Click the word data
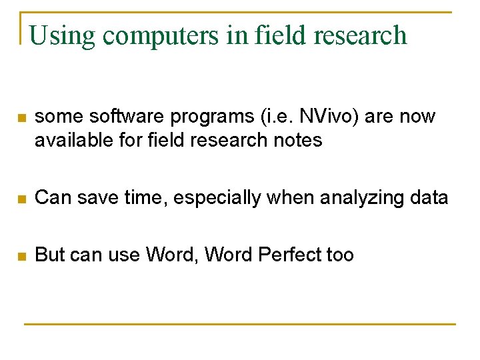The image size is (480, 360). point(429,197)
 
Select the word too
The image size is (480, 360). point(340,255)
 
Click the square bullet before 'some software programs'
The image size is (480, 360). point(21,118)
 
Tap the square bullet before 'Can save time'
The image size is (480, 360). point(21,199)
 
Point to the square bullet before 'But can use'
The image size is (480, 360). point(21,255)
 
